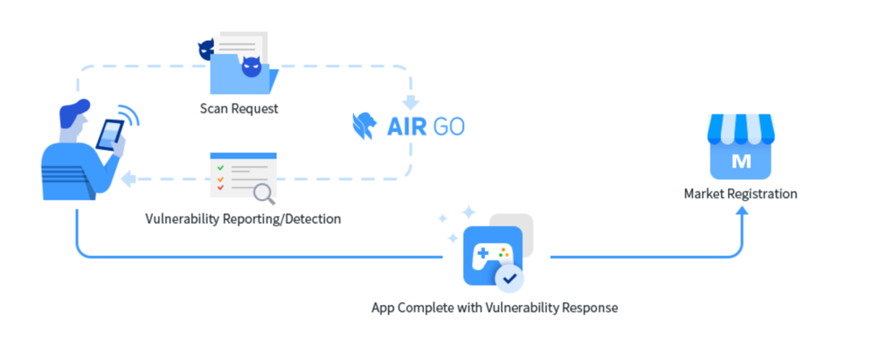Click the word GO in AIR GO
446,127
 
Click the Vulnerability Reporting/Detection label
243,218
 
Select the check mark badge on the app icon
509,280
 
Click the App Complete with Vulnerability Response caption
495,308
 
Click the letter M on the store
740,162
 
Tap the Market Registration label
740,194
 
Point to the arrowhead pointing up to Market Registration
741,211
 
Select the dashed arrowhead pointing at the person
128,180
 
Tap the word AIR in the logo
406,127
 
